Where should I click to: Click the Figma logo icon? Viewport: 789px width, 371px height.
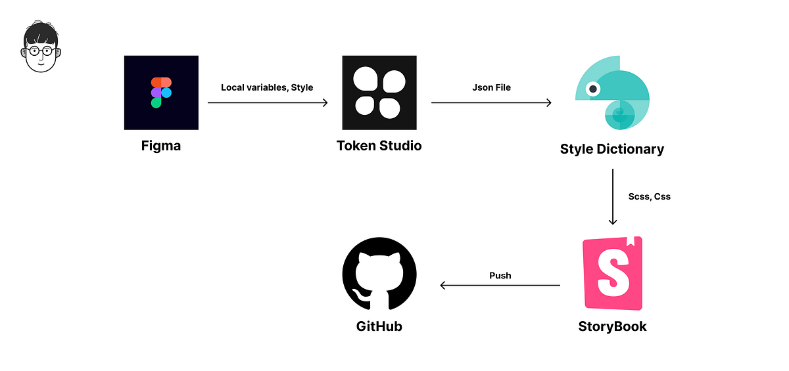[161, 93]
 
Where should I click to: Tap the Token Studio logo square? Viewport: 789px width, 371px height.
[379, 93]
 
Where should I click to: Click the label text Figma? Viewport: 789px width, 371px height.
[161, 146]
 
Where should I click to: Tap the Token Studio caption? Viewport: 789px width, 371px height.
[379, 146]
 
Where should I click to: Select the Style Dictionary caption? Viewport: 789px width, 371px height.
[612, 149]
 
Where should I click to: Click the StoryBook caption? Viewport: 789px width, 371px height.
[612, 326]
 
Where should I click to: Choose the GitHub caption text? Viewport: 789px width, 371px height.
[379, 326]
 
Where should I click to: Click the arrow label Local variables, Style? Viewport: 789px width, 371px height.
[267, 87]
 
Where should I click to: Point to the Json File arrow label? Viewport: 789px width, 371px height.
[491, 87]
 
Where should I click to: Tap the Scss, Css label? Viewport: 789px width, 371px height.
[649, 196]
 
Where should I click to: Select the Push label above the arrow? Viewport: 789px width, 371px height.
[500, 275]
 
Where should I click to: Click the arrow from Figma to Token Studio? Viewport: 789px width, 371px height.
[268, 102]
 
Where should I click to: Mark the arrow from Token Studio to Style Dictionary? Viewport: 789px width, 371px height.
[491, 102]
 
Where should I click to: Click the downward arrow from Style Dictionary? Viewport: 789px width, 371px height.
[613, 197]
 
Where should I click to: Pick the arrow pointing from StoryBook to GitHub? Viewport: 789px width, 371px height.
[500, 286]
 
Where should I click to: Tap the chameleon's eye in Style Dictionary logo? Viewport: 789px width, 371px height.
[593, 88]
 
